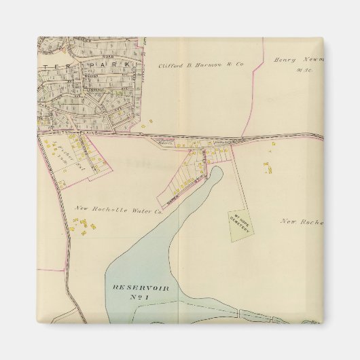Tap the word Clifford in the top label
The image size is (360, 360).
click(173, 65)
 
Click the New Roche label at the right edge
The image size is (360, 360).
click(300, 222)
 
